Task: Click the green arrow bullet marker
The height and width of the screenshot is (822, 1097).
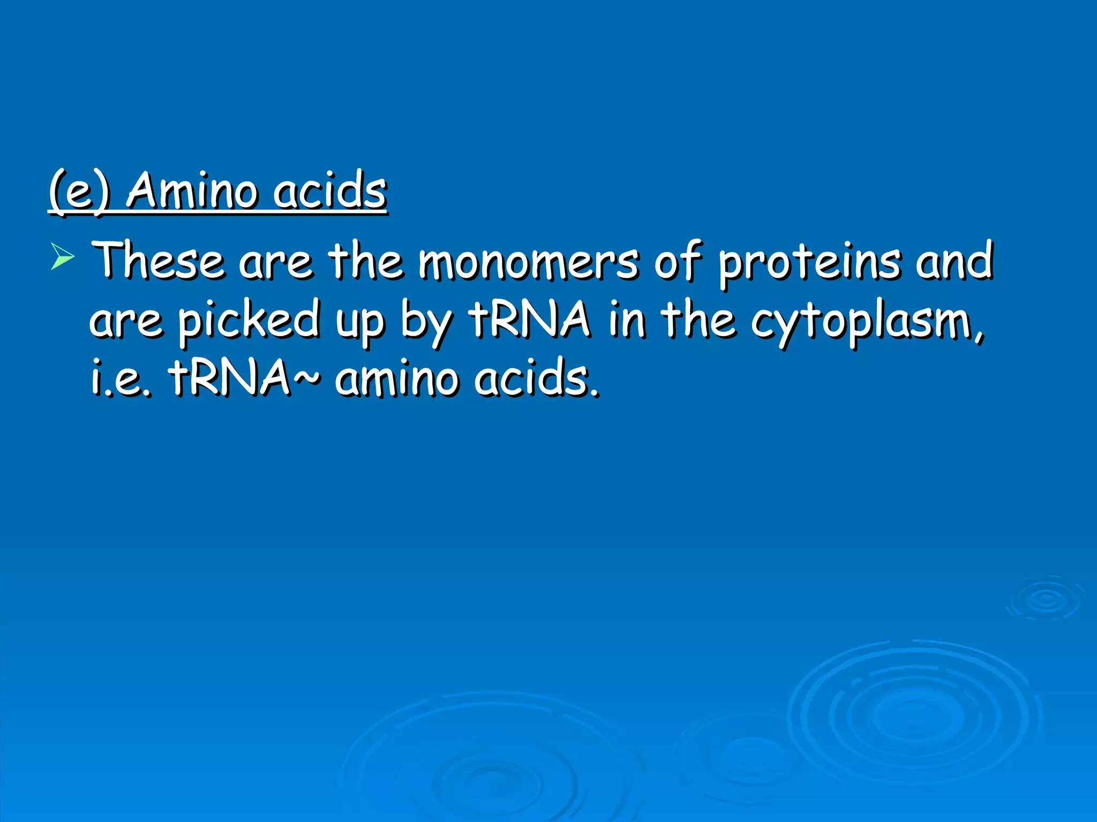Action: point(62,256)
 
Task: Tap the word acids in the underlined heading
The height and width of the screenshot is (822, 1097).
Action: point(329,191)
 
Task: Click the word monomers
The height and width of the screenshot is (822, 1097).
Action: point(528,262)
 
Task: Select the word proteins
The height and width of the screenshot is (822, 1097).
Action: point(809,262)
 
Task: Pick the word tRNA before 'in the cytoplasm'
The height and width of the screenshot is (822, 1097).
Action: point(530,319)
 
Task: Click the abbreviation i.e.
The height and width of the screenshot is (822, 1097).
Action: point(121,378)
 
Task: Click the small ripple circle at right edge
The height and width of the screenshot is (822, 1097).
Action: point(1046,599)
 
